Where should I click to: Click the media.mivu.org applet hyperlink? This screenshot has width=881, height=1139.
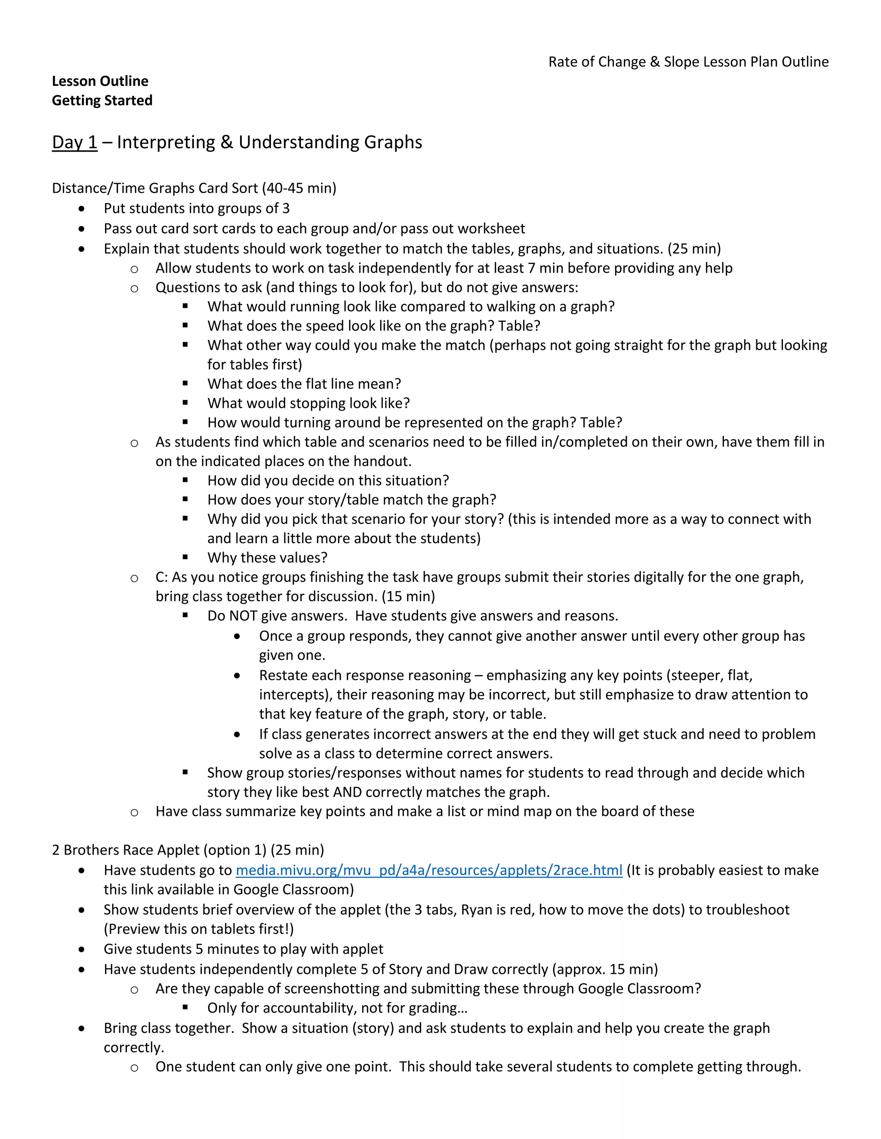pyautogui.click(x=428, y=870)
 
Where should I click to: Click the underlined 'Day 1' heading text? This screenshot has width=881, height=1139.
pyautogui.click(x=74, y=142)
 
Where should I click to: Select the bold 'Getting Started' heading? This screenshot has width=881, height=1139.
pyautogui.click(x=102, y=100)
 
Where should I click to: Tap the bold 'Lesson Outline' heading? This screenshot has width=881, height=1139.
pyautogui.click(x=100, y=81)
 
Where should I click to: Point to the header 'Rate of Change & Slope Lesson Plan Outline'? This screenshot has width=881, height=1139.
pyautogui.click(x=688, y=62)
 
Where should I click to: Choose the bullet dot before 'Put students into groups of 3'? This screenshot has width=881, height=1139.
pyautogui.click(x=81, y=208)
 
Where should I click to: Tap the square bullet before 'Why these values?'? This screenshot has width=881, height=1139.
pyautogui.click(x=185, y=557)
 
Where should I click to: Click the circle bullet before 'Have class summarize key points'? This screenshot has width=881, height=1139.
pyautogui.click(x=134, y=812)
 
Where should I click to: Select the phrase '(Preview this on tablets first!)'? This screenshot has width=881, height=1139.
pyautogui.click(x=199, y=929)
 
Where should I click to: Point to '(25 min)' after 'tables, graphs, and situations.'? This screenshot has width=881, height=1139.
pyautogui.click(x=694, y=248)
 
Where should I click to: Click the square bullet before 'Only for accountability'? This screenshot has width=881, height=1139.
pyautogui.click(x=185, y=1007)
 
